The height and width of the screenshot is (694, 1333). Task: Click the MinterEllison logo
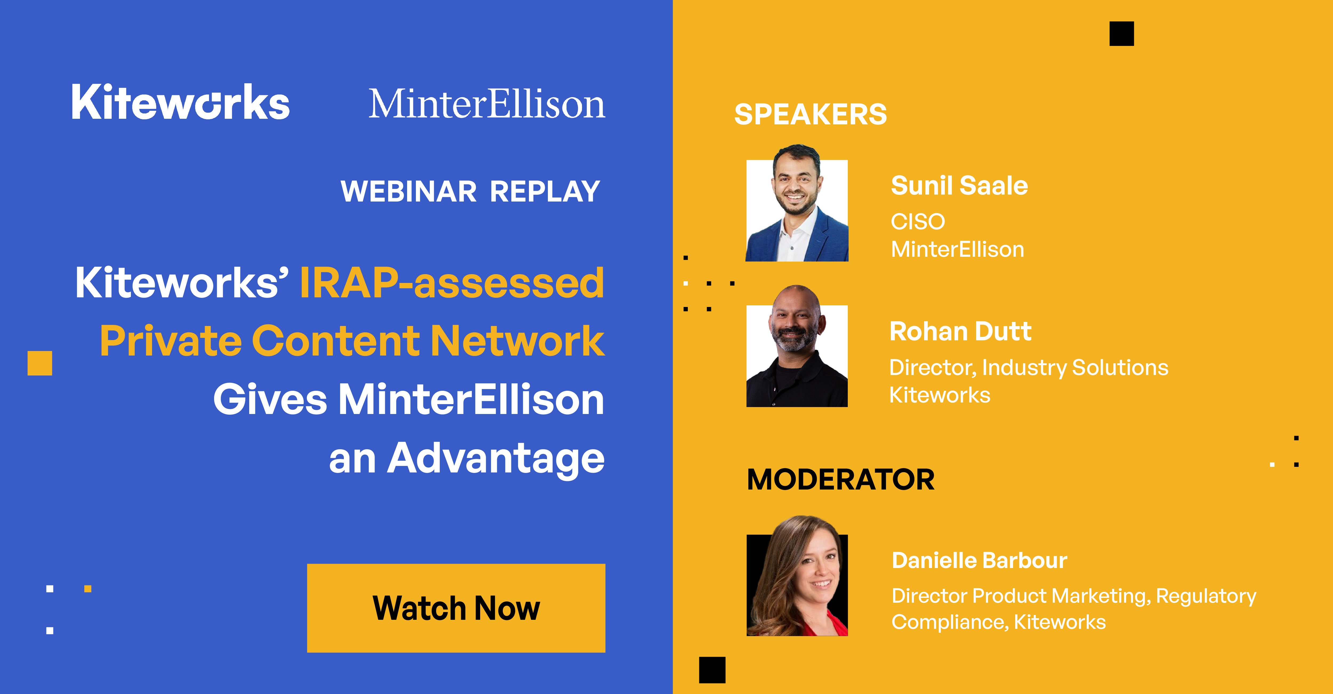point(487,104)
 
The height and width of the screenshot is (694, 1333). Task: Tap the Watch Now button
point(456,608)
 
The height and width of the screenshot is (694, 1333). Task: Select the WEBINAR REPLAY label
point(470,192)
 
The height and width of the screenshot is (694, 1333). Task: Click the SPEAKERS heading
point(810,115)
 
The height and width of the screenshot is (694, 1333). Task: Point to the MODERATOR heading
point(841,480)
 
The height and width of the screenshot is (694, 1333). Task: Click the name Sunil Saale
point(959,186)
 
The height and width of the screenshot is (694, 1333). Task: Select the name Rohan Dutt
point(960,332)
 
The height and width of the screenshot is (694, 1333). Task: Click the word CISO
point(917,222)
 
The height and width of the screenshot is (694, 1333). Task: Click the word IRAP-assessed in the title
point(452,283)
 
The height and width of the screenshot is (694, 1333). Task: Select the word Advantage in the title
point(496,459)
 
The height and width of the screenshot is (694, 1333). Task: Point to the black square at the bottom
point(712,670)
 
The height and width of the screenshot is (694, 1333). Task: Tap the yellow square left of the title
point(40,363)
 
